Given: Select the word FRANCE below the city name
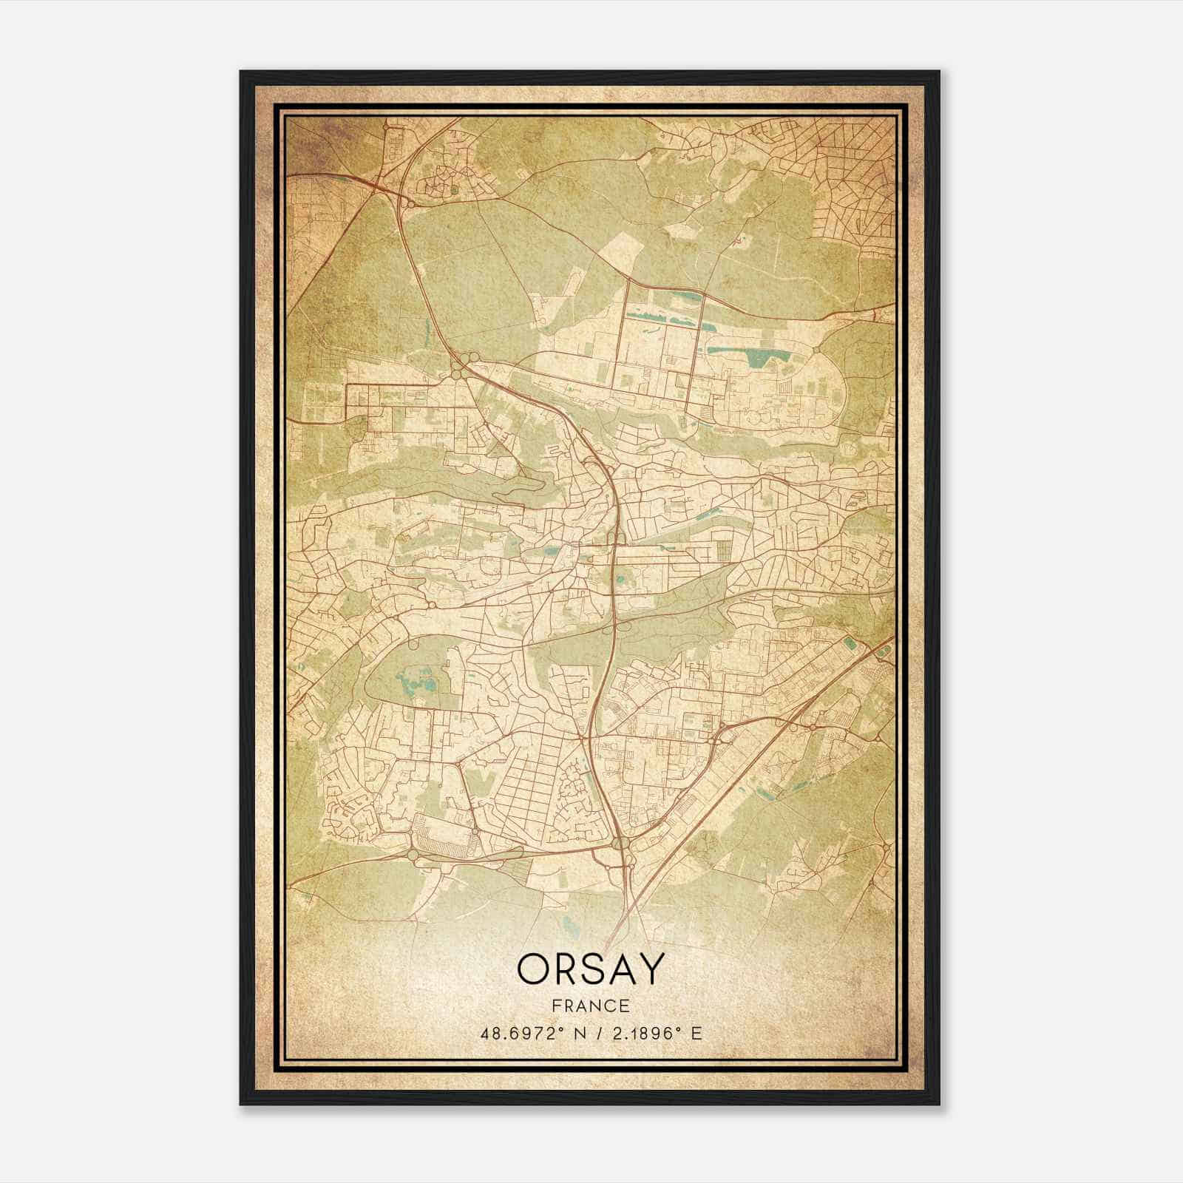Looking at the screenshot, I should (591, 1006).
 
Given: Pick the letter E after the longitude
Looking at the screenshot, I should (696, 1033).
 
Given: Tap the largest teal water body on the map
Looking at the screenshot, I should (758, 359).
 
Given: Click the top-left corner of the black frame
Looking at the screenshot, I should (241, 72).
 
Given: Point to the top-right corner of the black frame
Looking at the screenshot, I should (939, 72).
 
